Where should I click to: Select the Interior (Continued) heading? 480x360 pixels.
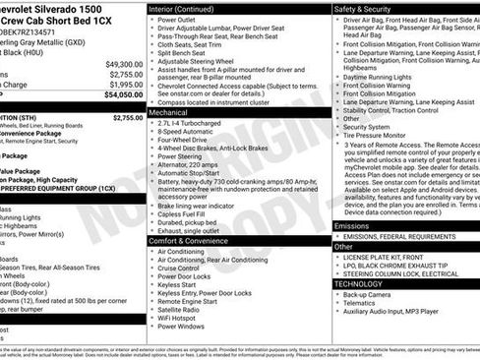pos(188,8)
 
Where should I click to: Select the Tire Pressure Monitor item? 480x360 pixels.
pos(379,136)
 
